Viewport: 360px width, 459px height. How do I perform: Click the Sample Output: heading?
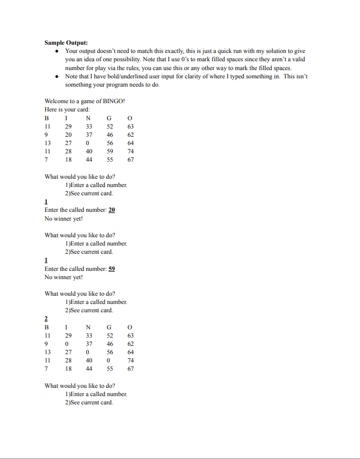(x=66, y=42)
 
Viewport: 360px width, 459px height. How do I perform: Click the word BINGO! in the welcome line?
(x=114, y=101)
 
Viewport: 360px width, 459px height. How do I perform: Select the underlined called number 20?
(x=112, y=210)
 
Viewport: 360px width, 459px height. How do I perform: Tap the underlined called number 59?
(x=112, y=269)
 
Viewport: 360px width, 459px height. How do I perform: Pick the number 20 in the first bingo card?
(x=68, y=135)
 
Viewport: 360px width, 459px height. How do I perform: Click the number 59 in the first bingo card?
(x=110, y=151)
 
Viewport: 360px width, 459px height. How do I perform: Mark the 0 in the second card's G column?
(x=109, y=360)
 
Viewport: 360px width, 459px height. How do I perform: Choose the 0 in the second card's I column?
(x=67, y=344)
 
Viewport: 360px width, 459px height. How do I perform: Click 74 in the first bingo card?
(x=130, y=151)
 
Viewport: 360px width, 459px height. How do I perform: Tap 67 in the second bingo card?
(x=130, y=369)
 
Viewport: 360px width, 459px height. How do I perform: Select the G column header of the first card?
(x=109, y=118)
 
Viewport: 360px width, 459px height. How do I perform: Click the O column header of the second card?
(x=130, y=327)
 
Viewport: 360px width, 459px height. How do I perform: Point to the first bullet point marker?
(x=57, y=50)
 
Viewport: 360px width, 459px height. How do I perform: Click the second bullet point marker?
(x=57, y=76)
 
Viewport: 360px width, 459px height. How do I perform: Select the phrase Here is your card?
(x=67, y=109)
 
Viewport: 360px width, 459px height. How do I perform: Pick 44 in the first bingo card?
(x=88, y=159)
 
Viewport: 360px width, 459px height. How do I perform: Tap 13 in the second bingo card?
(x=47, y=352)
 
